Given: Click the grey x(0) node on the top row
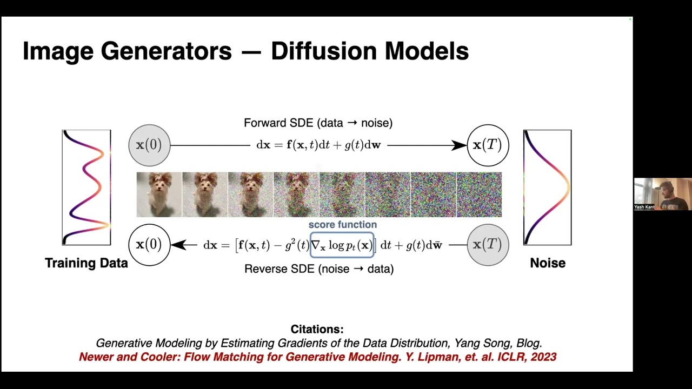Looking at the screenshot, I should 149,145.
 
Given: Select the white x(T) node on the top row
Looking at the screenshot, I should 488,145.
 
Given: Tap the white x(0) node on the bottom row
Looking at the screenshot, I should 149,245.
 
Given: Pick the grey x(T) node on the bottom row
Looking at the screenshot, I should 488,245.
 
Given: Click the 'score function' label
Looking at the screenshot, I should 342,225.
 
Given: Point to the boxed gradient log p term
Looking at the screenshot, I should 342,245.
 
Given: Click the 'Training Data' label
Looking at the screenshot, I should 86,263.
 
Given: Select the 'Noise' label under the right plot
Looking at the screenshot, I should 548,263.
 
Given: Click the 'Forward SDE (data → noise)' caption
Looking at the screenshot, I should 318,123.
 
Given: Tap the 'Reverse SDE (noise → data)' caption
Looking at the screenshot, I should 319,269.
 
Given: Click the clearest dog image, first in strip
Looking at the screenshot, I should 159,194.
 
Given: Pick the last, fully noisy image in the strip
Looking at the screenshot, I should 479,194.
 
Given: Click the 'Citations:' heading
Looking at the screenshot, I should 317,329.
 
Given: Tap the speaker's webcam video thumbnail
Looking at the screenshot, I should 662,194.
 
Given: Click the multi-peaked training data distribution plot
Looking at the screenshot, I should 86,187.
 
